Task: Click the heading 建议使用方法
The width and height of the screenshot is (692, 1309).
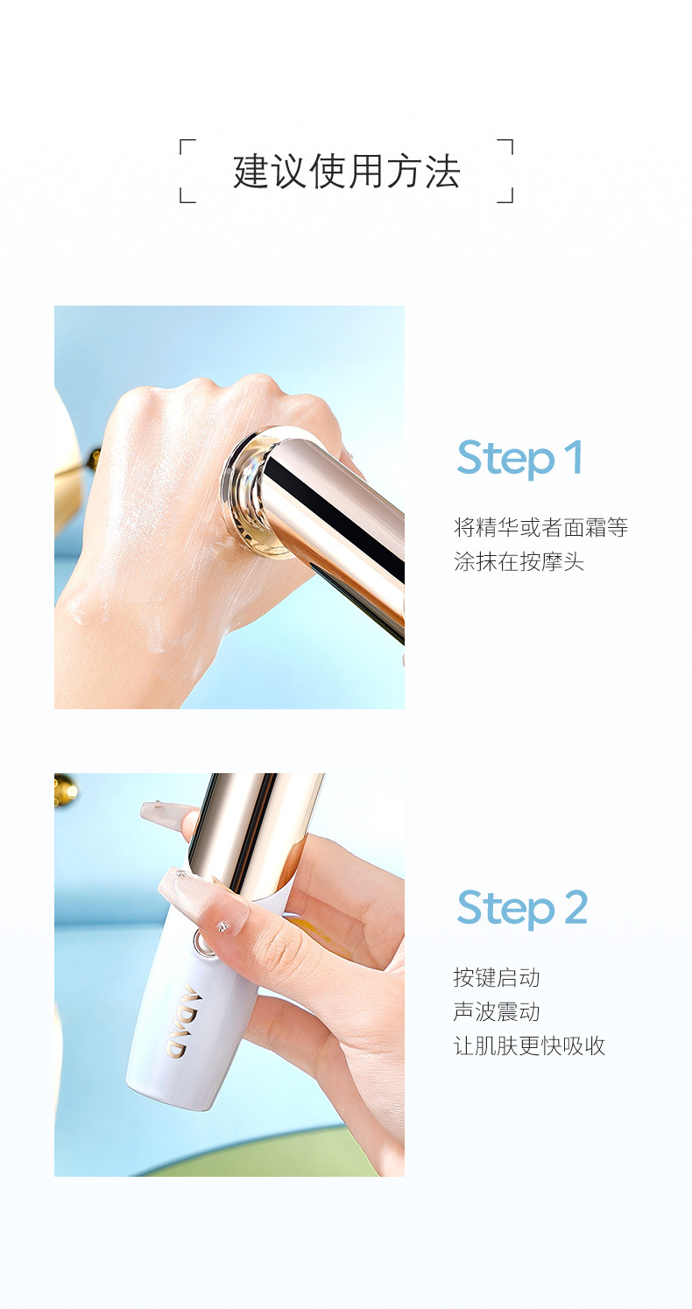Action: (347, 172)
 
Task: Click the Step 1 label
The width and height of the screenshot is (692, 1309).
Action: (519, 460)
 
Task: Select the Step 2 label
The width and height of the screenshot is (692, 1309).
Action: (522, 909)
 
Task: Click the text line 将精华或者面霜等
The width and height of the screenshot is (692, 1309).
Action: (541, 527)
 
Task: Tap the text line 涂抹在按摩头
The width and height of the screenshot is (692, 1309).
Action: (519, 561)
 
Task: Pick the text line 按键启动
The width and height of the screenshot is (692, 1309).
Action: (497, 977)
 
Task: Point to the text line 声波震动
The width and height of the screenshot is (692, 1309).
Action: (497, 1011)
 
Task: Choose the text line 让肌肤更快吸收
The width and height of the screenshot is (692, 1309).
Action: (530, 1045)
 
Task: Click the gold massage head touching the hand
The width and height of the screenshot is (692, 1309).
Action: (258, 491)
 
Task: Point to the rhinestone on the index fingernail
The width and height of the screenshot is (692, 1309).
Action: (222, 926)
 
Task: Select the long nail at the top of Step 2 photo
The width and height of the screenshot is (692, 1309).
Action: (166, 813)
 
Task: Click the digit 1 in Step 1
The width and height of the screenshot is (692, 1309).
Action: (574, 457)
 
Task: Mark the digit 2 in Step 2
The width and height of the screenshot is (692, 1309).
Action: (575, 907)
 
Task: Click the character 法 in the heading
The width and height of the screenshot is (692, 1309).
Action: (442, 172)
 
